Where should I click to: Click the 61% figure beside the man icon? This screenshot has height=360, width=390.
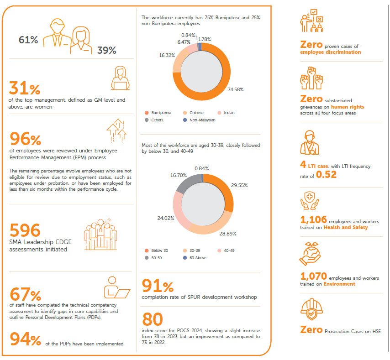[28, 40]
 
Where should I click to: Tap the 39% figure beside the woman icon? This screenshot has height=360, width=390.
[106, 50]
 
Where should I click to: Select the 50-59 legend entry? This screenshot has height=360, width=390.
[156, 258]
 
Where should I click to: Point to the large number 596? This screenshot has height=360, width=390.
[25, 230]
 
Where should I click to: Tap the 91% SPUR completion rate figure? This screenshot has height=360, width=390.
[158, 286]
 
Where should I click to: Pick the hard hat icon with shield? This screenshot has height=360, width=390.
[312, 311]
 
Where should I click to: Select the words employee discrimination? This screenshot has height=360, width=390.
[330, 52]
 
